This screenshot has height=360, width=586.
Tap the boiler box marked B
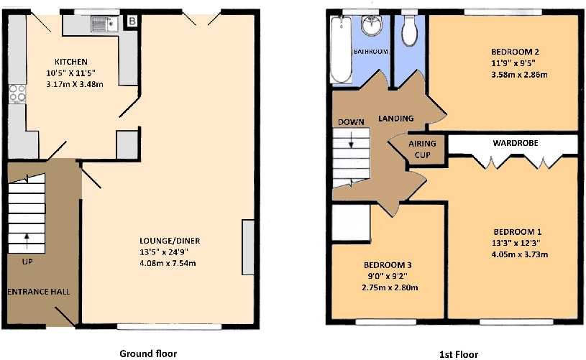132,21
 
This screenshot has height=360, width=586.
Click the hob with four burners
16,93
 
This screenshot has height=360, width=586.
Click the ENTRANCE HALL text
39,292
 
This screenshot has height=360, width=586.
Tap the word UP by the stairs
27,262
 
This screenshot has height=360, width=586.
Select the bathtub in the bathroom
340,50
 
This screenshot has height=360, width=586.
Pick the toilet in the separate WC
411,29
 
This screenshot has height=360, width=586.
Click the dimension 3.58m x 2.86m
515,74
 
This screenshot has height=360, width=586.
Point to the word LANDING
396,119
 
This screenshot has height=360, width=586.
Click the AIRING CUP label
422,149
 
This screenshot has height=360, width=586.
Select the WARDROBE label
515,144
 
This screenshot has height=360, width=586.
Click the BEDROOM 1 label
516,232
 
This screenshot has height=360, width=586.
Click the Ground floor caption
147,353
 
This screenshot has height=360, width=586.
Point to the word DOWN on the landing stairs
351,121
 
